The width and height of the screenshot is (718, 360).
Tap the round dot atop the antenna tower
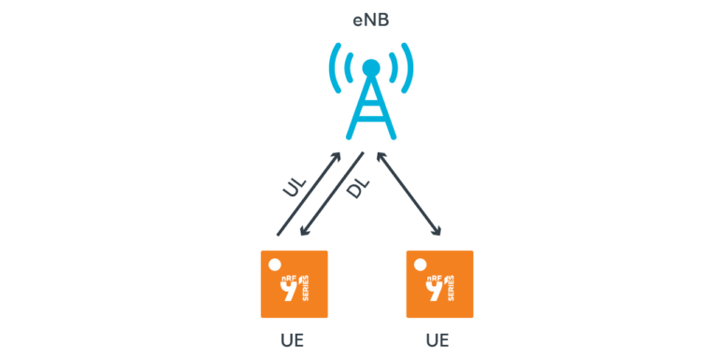[371, 68]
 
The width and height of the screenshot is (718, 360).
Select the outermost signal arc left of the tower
[333, 68]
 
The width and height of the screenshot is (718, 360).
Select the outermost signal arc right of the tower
[409, 68]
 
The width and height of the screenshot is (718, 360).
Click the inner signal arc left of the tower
[349, 68]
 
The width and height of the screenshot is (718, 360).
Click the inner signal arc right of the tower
[394, 68]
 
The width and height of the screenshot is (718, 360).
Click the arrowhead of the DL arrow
[298, 240]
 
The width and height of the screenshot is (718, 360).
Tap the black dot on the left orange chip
[273, 265]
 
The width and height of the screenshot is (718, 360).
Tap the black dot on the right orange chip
[420, 265]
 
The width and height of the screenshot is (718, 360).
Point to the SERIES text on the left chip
[306, 293]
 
